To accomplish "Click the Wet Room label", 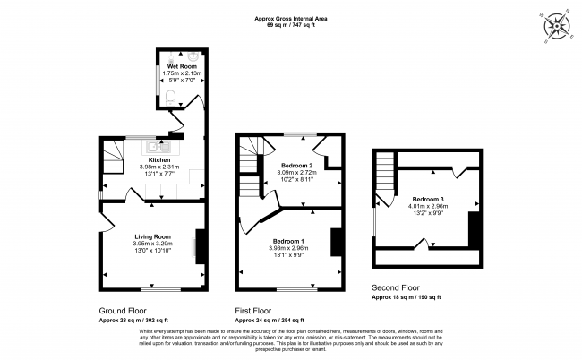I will click(x=180, y=67).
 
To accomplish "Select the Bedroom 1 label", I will click(x=288, y=241).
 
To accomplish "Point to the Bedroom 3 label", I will click(x=427, y=199).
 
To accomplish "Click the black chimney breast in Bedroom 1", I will click(x=336, y=242).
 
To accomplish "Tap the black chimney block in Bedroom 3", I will click(x=475, y=228).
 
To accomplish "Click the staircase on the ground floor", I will click(x=113, y=160).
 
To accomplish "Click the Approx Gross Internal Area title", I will click(x=290, y=18).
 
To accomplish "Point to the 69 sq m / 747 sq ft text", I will click(x=290, y=25).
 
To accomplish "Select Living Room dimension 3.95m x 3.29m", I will click(x=152, y=243).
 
